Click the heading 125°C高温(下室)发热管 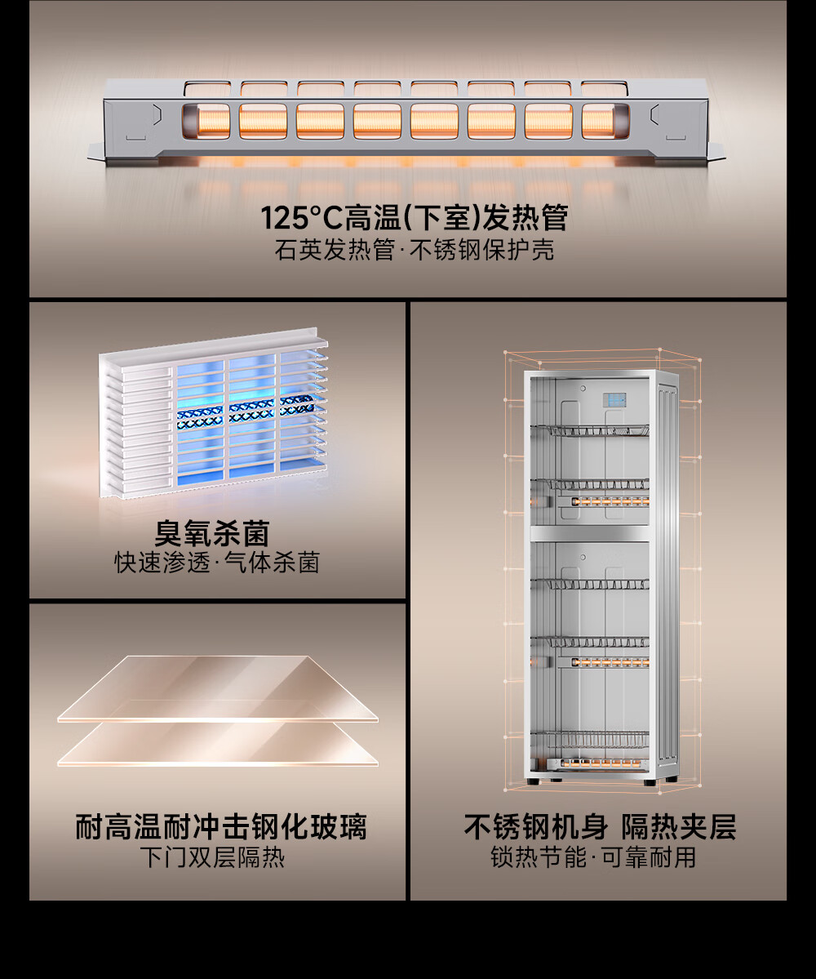(x=414, y=217)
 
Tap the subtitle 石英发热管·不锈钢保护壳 (x=415, y=250)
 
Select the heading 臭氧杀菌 (x=212, y=533)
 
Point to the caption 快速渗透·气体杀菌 (x=217, y=563)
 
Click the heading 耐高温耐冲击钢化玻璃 (x=221, y=826)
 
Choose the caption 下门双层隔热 (x=212, y=857)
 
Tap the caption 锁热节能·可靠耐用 (x=593, y=857)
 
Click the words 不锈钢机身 (x=535, y=826)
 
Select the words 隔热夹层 (x=678, y=826)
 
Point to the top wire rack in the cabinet (x=589, y=430)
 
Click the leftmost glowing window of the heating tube (x=206, y=121)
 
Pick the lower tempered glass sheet (x=218, y=743)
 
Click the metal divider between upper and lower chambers (x=589, y=532)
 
